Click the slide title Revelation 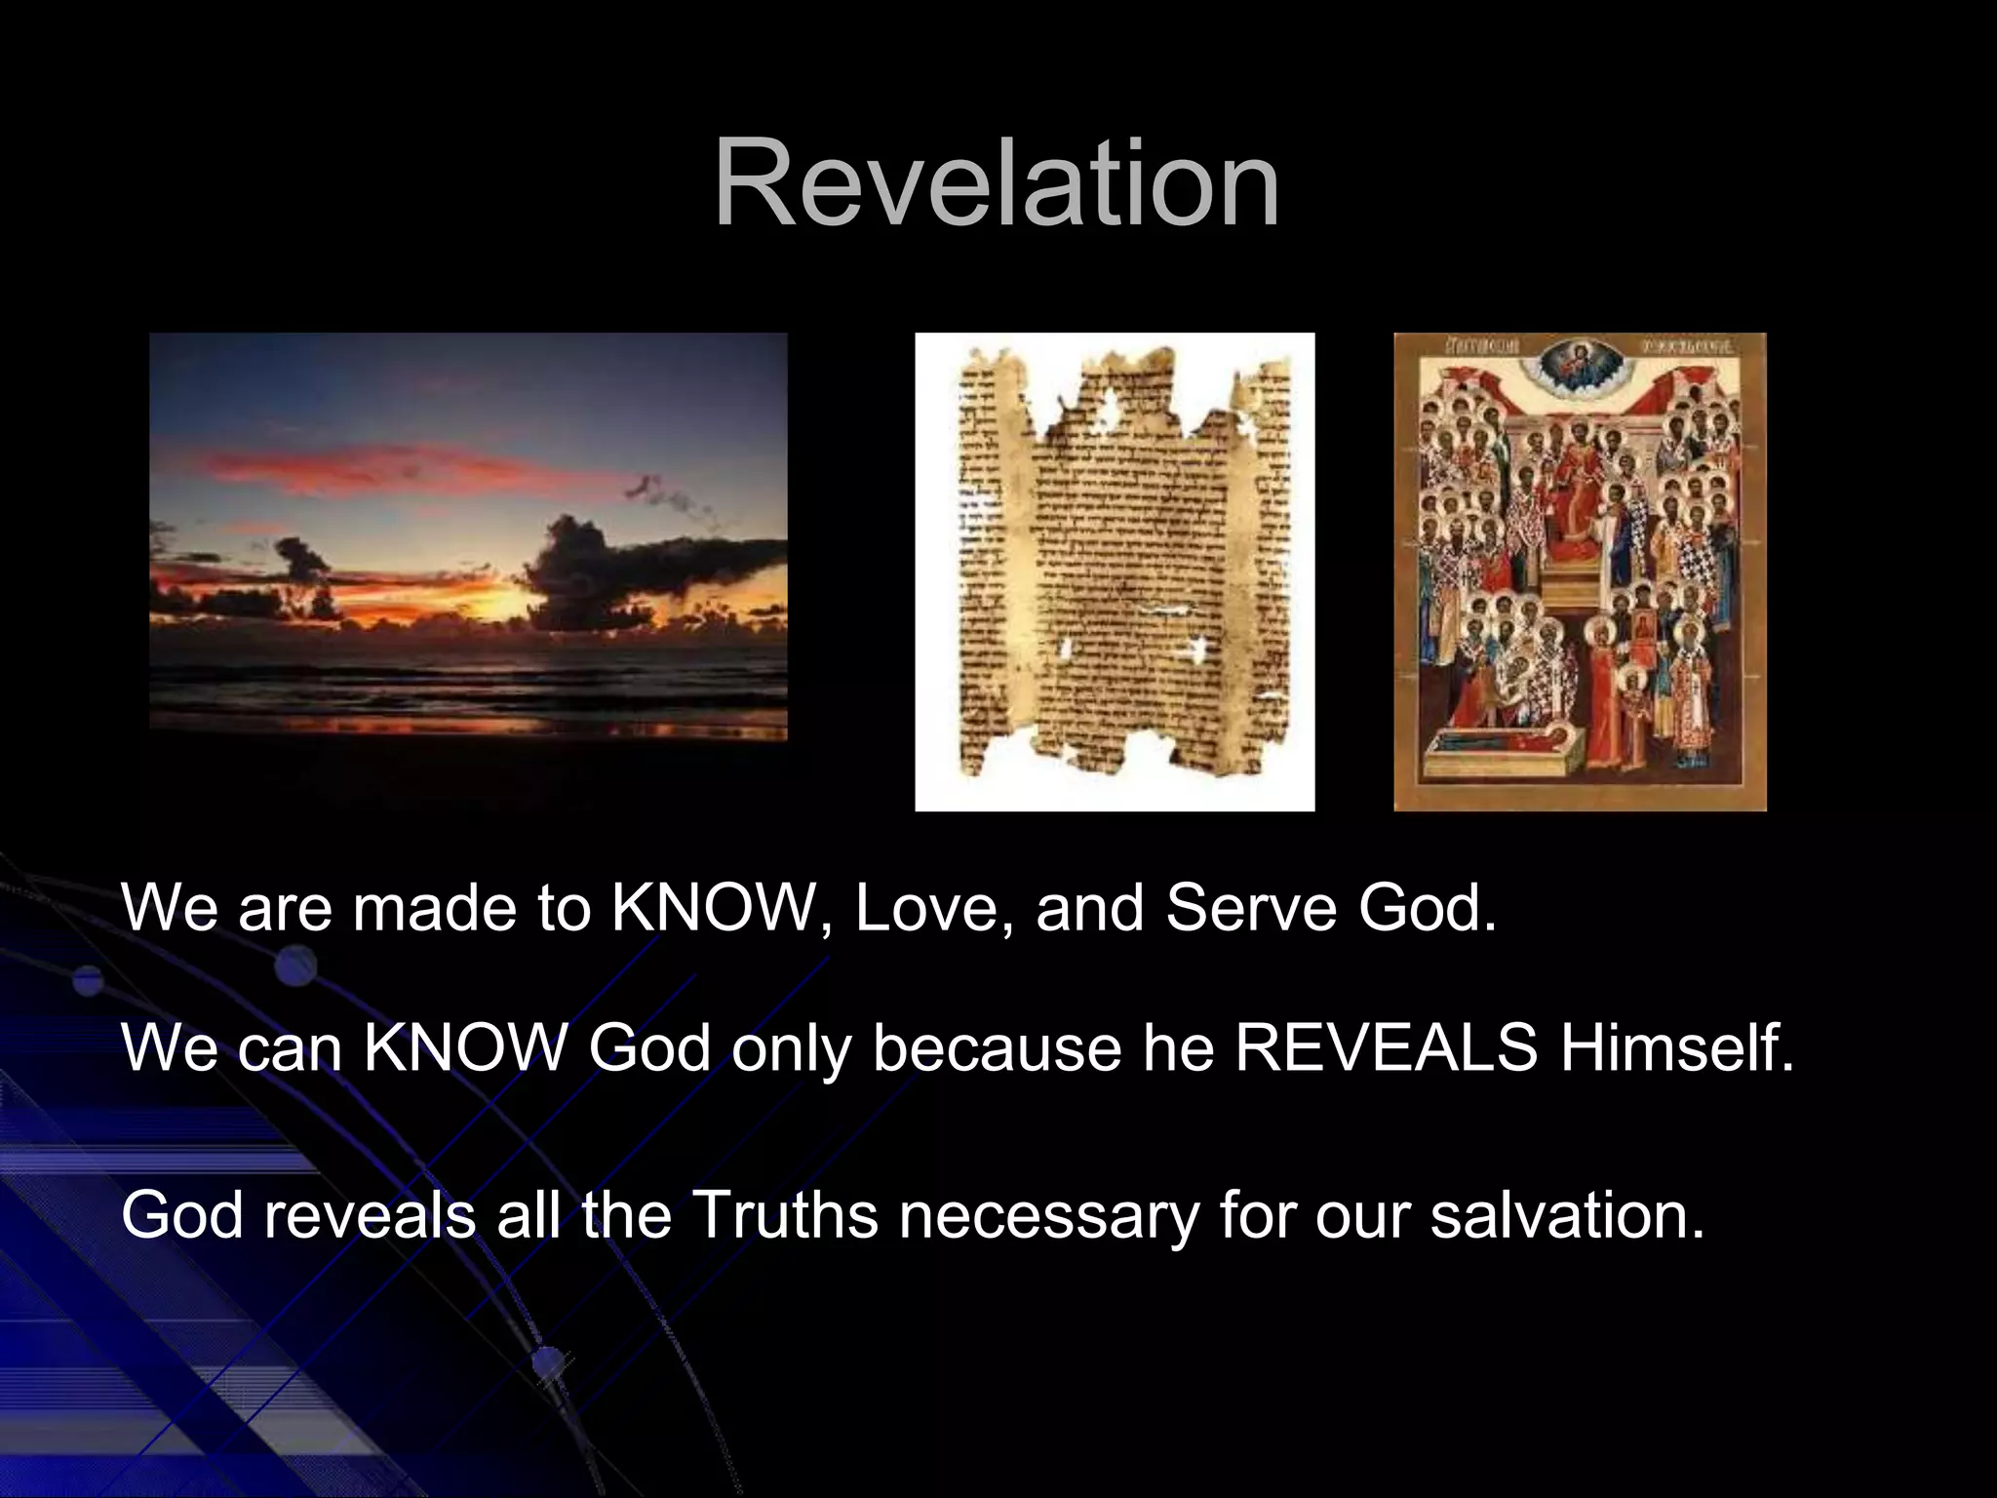tap(997, 184)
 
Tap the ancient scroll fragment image tap(1115, 571)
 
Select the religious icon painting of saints tap(1580, 571)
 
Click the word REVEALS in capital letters tap(1386, 1049)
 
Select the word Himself tap(1676, 1049)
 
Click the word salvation tap(1567, 1216)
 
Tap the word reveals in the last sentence tap(369, 1216)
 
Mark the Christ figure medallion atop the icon tap(1579, 371)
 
